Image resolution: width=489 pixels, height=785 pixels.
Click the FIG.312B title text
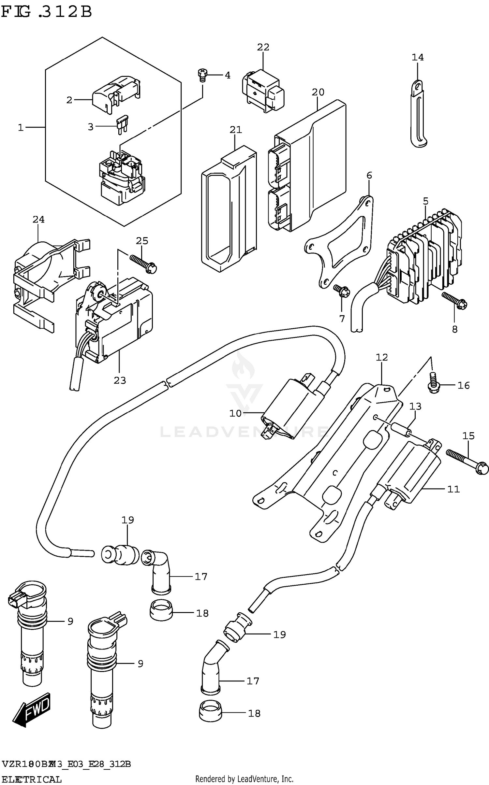pos(46,12)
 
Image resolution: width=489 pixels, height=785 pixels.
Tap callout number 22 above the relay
pos(263,48)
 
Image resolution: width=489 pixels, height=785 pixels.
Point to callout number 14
pos(417,58)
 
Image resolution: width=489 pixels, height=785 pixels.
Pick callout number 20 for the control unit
pos(318,93)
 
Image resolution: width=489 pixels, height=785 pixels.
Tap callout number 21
pos(236,130)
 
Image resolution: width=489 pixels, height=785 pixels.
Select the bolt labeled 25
pos(143,263)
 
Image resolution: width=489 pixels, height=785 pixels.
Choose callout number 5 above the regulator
pos(425,201)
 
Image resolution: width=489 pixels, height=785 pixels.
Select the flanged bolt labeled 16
pos(433,385)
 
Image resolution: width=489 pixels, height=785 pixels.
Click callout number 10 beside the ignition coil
pos(235,414)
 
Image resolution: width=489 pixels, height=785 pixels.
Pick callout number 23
pos(120,380)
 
